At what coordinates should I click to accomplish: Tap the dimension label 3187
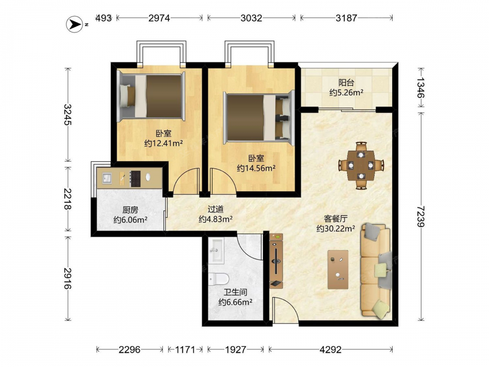point(346,18)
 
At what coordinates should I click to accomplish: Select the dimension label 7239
point(421,216)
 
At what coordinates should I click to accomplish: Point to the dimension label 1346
point(421,88)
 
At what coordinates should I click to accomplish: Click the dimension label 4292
point(331,349)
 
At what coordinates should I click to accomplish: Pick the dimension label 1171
point(185,349)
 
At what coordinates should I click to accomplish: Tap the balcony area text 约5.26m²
point(346,92)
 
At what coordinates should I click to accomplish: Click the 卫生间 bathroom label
point(236,292)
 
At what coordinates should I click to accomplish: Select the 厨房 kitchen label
point(131,210)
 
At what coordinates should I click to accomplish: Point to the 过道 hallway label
point(216,209)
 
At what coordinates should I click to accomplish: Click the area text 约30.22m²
point(335,229)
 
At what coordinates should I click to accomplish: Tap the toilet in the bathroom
point(219,279)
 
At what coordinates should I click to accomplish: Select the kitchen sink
point(107,178)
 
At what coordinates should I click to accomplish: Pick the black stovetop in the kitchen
point(135,179)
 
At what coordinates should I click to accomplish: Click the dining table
point(361,165)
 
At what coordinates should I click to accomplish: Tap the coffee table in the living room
point(338,269)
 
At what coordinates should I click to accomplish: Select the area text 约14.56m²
point(256,168)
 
